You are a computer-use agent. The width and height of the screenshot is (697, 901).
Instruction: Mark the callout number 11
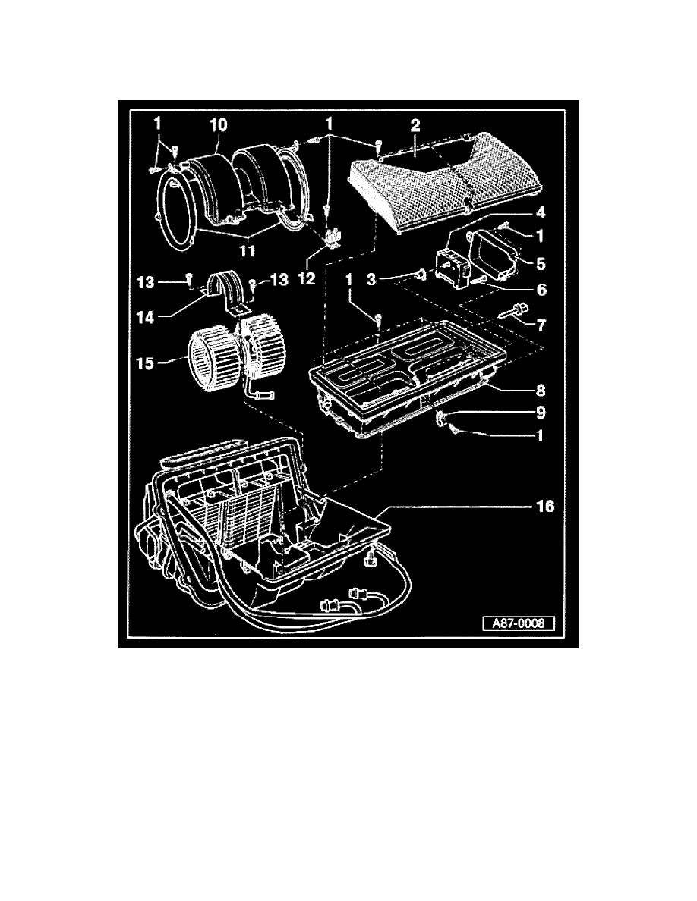(x=249, y=249)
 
